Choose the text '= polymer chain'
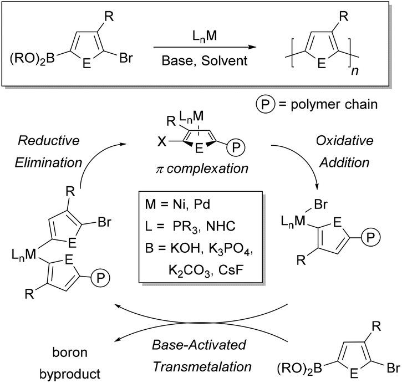327,103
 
